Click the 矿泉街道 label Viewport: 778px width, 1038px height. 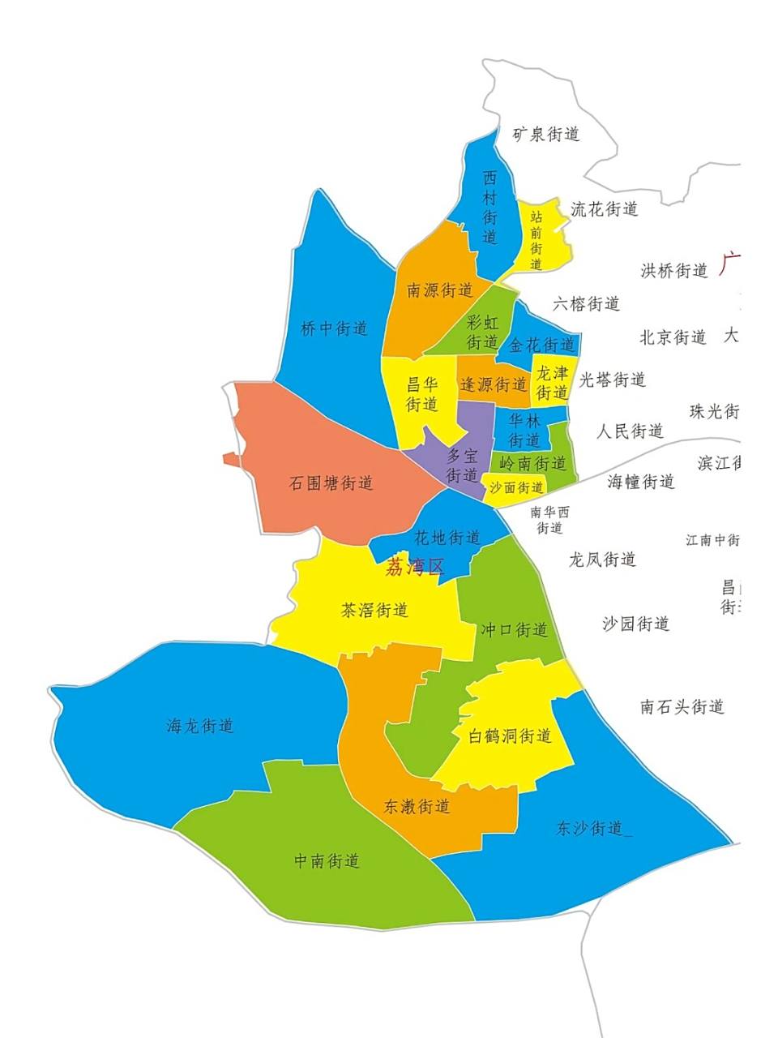[546, 134]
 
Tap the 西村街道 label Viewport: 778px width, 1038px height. [489, 207]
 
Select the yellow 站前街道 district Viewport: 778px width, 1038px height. [537, 239]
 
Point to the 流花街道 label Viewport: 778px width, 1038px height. [604, 209]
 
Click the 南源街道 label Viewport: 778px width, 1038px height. [439, 290]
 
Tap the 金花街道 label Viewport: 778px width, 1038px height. [541, 345]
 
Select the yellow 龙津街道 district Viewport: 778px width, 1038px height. [552, 383]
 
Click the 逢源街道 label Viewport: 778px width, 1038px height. [494, 384]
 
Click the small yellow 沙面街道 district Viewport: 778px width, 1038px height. [515, 487]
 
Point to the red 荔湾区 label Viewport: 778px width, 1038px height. [415, 566]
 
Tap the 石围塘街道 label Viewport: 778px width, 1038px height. [331, 483]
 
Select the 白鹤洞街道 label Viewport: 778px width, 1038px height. [511, 736]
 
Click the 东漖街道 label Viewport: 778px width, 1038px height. [417, 806]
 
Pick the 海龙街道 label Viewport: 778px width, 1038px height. [200, 726]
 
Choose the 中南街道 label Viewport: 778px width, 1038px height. [327, 860]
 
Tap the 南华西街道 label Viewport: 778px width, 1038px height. [549, 520]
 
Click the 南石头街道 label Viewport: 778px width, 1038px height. [682, 706]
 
